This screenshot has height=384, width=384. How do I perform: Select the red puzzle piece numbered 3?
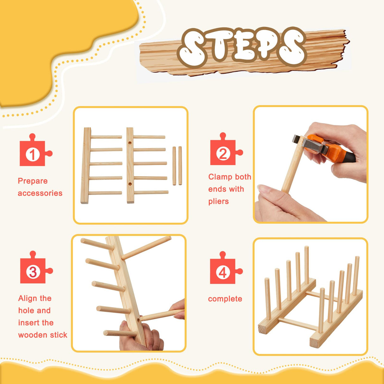click(x=33, y=271)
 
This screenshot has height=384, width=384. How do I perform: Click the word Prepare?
click(x=33, y=181)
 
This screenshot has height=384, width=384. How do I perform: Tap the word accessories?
click(x=40, y=193)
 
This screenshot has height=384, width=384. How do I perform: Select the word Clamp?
click(x=220, y=177)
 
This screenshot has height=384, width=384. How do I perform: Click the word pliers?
click(x=218, y=201)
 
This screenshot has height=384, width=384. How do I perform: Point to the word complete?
click(x=225, y=299)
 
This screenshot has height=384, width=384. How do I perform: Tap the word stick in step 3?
click(x=59, y=335)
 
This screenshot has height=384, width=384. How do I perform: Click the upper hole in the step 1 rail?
click(x=130, y=143)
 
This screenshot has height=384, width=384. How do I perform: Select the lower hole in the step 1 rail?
click(x=130, y=183)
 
